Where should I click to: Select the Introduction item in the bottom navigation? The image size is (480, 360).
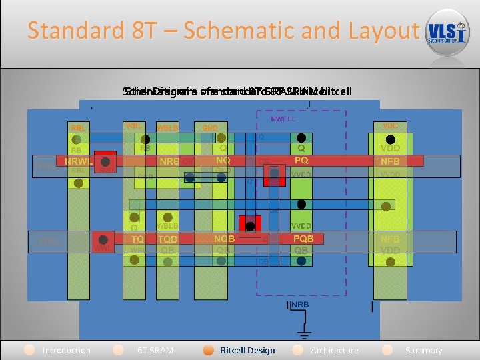coord(66,350)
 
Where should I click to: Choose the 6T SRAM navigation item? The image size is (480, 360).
coord(155,350)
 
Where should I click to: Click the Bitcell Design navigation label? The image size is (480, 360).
coord(247,350)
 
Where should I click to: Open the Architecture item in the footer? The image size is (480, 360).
coord(334,350)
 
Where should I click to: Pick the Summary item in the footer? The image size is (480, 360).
coord(423,350)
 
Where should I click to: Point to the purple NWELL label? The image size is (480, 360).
coord(283,119)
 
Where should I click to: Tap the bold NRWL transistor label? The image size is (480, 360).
coord(77,161)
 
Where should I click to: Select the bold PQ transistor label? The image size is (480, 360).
coord(301,161)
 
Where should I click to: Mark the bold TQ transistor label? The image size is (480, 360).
coord(137,238)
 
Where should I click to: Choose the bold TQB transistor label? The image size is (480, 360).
coord(167,238)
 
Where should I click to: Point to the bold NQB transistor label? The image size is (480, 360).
coord(223,238)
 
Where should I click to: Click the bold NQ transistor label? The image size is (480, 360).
coord(223,161)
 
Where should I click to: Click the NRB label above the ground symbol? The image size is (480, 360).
coord(300,305)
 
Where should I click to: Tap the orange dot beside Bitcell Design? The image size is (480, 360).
coord(209,350)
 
